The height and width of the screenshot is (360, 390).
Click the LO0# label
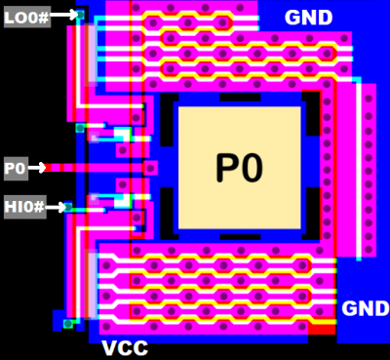[x=26, y=16]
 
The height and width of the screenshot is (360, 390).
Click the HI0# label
[x=23, y=207]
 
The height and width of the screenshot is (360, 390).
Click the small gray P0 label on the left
[x=15, y=168]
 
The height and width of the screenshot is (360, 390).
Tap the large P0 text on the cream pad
[x=239, y=169]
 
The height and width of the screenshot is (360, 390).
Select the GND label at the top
[x=308, y=18]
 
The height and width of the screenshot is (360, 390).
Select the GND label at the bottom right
[x=365, y=309]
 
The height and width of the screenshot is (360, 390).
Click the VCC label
[x=125, y=348]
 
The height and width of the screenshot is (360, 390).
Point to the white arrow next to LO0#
[x=63, y=15]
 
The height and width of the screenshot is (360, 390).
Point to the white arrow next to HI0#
[x=55, y=207]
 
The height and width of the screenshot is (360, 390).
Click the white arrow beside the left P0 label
[x=37, y=168]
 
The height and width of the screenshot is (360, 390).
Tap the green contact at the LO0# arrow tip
[x=80, y=15]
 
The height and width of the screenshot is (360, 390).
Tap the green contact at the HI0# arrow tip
[x=68, y=207]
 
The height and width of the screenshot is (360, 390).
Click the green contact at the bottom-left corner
[x=68, y=323]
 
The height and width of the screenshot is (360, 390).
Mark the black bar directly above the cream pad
[x=239, y=98]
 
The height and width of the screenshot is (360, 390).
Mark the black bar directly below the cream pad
[x=239, y=237]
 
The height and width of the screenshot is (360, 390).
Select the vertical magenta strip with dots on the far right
[x=368, y=171]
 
